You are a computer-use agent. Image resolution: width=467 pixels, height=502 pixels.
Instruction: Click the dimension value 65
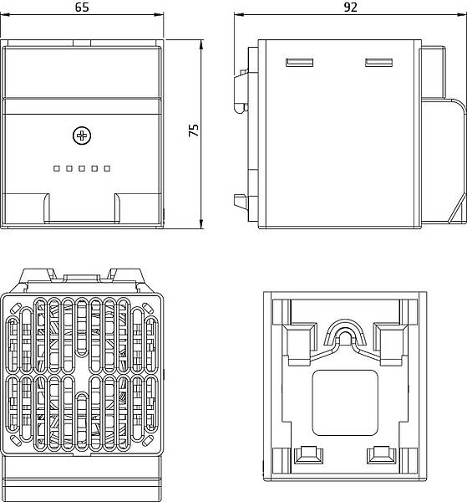coord(82,7)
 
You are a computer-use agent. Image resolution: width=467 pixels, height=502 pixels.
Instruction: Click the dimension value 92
coord(350,7)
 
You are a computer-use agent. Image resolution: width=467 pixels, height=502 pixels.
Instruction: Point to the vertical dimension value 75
coord(194,131)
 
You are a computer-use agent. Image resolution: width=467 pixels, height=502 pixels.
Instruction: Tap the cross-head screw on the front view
coord(82,136)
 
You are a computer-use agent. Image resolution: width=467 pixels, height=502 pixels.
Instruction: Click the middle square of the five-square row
coord(82,168)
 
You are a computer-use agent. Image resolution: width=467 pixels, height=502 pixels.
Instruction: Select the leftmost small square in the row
coord(57,168)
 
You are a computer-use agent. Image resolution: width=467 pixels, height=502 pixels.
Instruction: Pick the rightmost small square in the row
coord(107,168)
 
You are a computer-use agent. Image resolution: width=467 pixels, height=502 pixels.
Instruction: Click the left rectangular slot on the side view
coord(300,63)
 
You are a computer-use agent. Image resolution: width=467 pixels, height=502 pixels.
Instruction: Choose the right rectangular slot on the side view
coord(379,63)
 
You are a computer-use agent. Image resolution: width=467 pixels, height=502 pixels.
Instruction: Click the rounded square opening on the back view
coord(345,402)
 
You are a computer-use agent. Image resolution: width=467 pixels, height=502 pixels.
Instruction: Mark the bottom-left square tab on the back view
coord(308,454)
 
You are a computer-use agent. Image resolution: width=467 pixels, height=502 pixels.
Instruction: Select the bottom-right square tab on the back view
coord(381,454)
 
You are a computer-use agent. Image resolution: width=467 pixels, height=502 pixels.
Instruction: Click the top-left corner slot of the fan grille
coord(15,308)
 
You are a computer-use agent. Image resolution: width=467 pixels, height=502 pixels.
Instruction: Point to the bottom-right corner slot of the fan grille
coord(147,441)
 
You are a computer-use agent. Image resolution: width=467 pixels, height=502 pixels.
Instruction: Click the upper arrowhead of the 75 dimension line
coord(201,44)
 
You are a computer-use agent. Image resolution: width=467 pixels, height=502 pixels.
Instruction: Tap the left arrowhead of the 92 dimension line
coord(239,14)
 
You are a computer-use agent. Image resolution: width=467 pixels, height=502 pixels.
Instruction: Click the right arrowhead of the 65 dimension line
coord(159,14)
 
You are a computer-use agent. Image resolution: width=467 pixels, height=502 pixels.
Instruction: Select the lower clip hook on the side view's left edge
coord(241,201)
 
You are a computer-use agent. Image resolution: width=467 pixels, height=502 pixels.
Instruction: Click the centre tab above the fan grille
coord(81,278)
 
